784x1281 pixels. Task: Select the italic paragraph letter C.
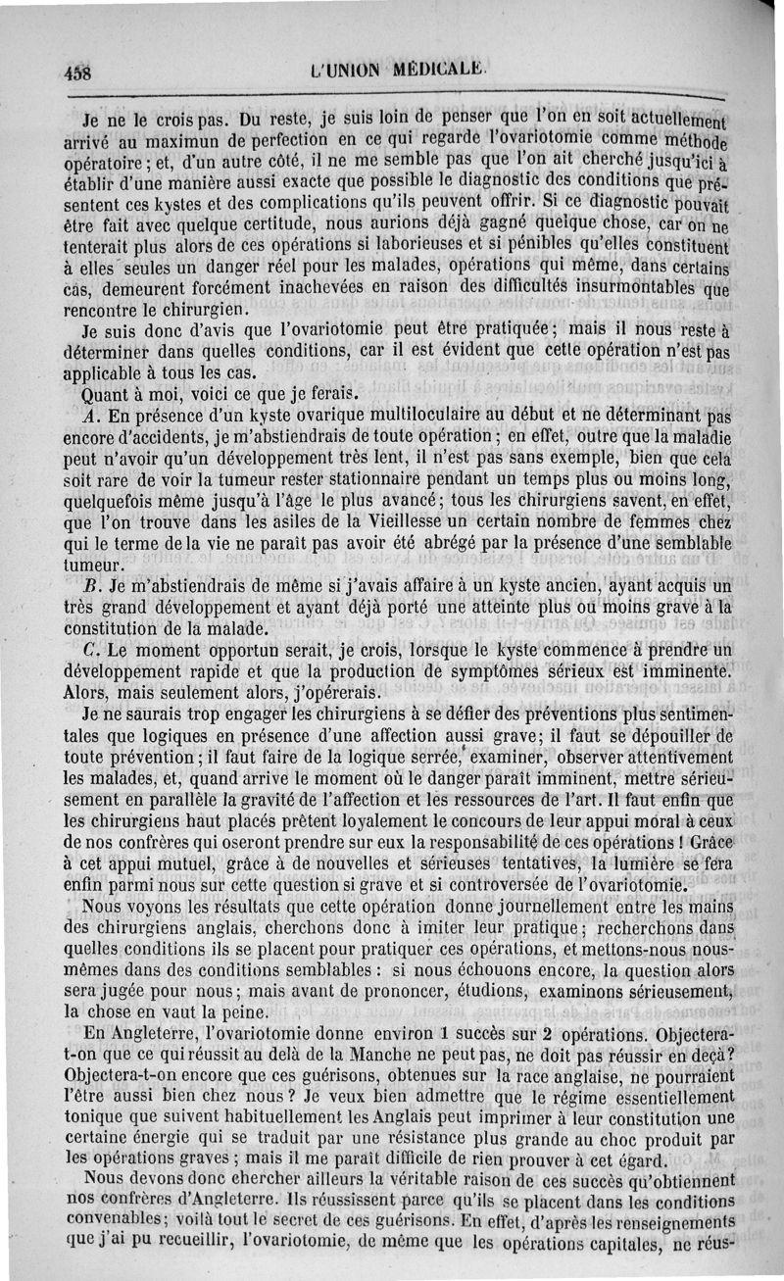point(90,650)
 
